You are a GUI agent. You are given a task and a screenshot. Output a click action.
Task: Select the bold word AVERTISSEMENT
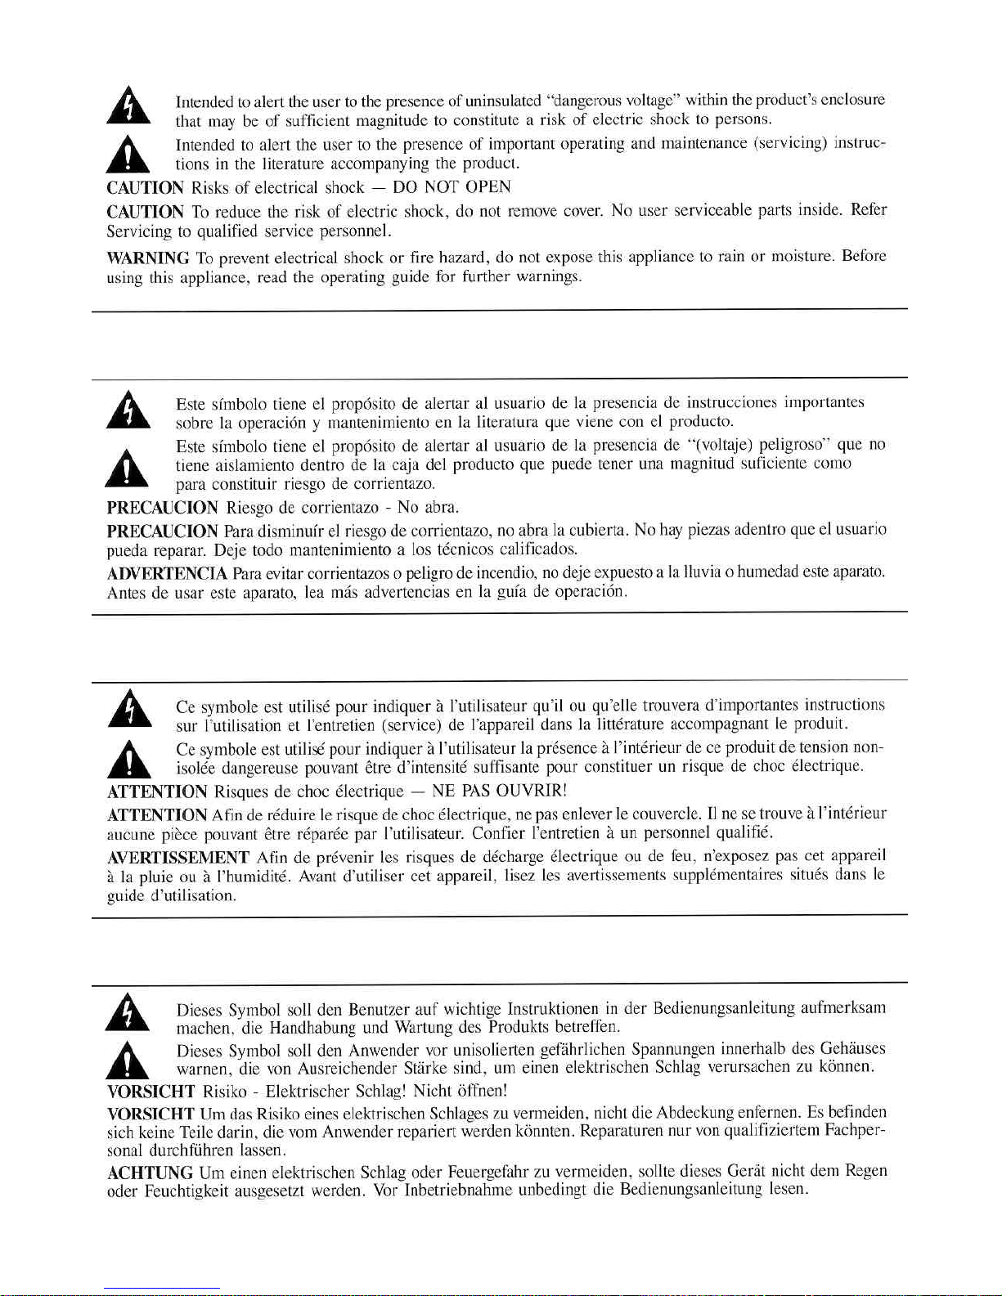coord(177,858)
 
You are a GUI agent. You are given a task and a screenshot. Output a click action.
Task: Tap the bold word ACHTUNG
coord(151,1172)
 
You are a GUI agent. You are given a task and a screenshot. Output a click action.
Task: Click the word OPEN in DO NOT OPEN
coord(488,187)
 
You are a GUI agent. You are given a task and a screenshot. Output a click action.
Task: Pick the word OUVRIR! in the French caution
coord(532,792)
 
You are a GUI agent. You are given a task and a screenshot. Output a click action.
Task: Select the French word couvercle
coord(667,814)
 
